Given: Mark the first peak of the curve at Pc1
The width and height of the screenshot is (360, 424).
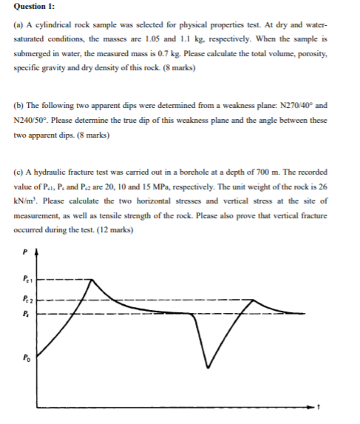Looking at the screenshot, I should [92, 280].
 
